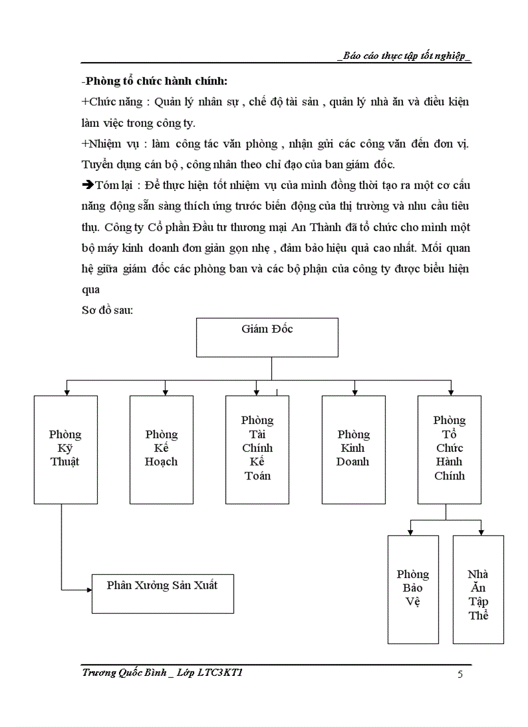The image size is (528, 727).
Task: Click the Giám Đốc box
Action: coord(267,337)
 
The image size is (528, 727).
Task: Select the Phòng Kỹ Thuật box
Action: coord(65,449)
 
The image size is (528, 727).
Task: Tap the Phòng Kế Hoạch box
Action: coord(161,449)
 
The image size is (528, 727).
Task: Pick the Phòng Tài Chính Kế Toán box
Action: coord(257,449)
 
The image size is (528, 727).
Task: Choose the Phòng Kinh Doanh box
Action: coord(353,449)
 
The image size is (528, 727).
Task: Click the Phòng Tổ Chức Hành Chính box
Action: coord(449,449)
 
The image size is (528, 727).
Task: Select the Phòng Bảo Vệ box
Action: coord(413,589)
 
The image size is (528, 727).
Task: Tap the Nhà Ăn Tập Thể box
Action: coord(478,589)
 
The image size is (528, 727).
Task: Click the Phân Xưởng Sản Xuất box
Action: coord(162,593)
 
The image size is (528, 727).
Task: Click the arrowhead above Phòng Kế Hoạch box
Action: coord(166,392)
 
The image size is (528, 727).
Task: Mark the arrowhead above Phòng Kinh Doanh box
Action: coord(355,392)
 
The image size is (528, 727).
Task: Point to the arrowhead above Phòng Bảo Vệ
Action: coord(409,531)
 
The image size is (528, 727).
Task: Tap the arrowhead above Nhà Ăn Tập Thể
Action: coord(480,531)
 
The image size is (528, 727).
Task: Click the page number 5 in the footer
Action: coord(460,675)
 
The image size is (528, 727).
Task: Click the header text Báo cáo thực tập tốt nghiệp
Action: coord(404,56)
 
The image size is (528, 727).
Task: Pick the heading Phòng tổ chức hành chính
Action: coord(155,82)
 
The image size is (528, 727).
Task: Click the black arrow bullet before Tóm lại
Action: coord(88,185)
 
